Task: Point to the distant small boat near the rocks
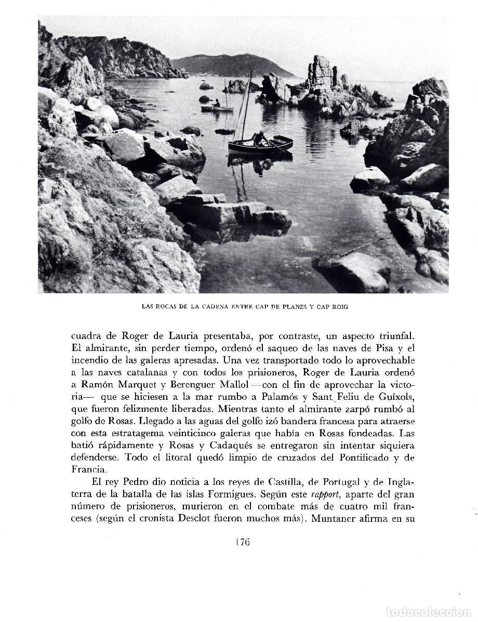(x=217, y=107)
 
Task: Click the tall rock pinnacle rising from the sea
(x=321, y=73)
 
